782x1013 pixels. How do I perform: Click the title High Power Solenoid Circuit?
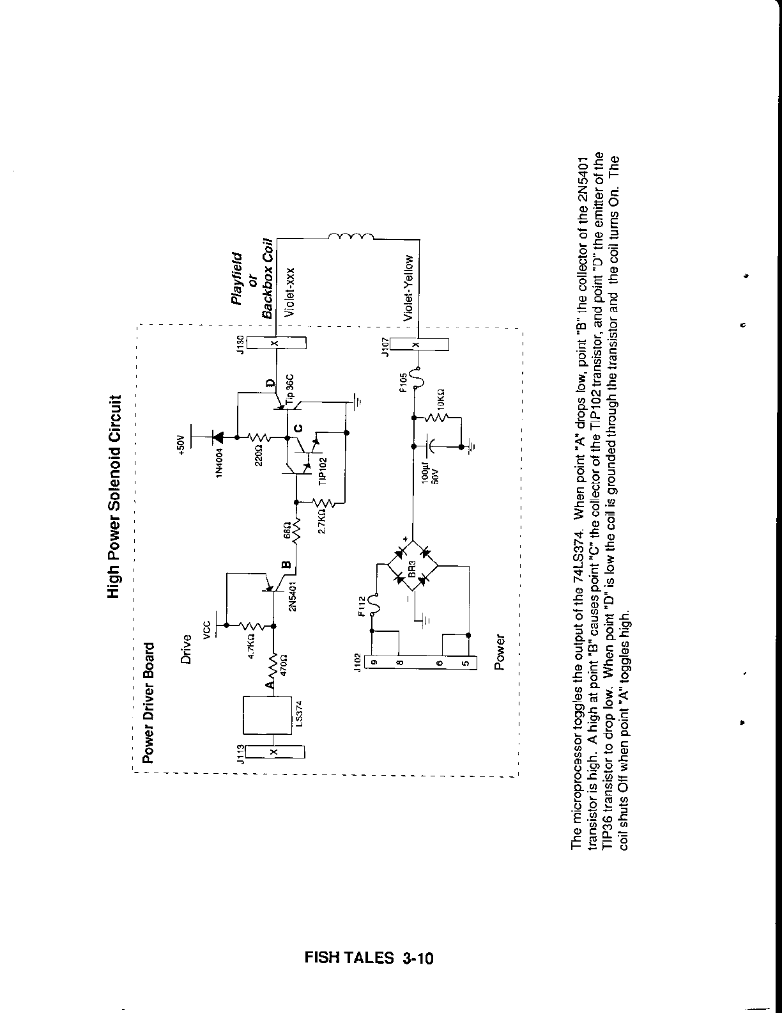click(x=114, y=496)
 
